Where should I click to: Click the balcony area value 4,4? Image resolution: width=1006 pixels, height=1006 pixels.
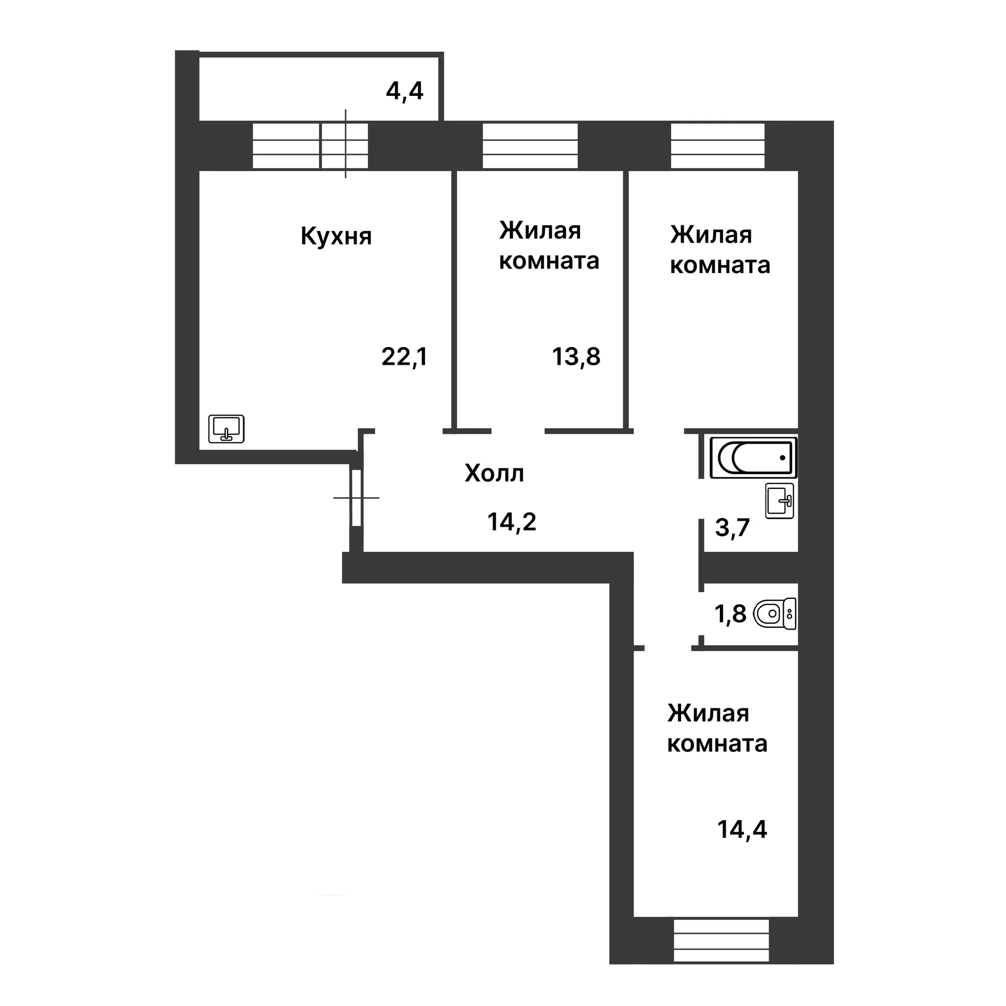[404, 92]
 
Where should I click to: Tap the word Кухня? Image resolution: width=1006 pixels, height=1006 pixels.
[336, 236]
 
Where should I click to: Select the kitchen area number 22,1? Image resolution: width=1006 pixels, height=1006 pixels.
[404, 357]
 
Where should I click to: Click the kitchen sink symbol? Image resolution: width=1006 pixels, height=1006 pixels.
[226, 429]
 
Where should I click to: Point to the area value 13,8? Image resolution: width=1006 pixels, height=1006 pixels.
[576, 357]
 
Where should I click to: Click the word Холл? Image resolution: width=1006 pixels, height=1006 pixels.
[494, 473]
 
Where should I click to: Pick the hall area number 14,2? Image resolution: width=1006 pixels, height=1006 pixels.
[512, 522]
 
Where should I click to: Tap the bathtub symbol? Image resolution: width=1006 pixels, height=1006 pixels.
[753, 457]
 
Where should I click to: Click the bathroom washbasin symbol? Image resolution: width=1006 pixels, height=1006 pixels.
[780, 501]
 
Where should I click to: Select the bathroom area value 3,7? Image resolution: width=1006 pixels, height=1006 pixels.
[732, 528]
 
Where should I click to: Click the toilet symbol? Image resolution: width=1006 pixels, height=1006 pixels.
[775, 614]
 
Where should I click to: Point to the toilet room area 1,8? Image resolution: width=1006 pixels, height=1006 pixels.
[730, 614]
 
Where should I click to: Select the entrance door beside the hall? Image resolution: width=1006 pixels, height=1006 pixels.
[356, 498]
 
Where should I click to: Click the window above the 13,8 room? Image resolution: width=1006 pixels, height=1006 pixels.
[530, 146]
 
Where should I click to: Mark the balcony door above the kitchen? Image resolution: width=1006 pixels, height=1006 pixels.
[344, 146]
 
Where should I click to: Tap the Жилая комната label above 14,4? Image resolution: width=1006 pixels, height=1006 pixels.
[717, 729]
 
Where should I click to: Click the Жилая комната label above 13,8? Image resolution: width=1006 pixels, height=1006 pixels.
[549, 245]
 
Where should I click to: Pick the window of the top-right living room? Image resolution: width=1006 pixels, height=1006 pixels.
[717, 146]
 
